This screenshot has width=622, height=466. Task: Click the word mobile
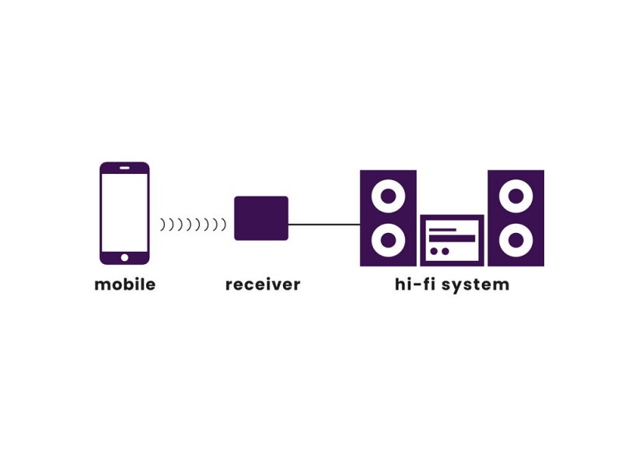coord(124,284)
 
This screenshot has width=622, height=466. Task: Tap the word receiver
coord(262,284)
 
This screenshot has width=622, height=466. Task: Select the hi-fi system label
coord(452,284)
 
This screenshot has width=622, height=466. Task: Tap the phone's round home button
coord(124,257)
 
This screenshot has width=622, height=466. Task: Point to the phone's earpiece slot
coord(124,168)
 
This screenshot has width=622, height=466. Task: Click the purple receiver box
coord(261,218)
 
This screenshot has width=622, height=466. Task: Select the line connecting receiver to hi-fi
coord(324,224)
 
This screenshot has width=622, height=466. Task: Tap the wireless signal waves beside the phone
coord(193,224)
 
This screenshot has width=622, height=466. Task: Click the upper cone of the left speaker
coord(388,196)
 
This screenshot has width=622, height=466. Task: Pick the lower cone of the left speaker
coord(388,241)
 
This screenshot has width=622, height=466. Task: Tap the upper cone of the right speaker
coord(515,196)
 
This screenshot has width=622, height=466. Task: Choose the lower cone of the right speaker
coord(515,241)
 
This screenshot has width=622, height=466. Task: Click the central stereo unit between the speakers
coord(452,241)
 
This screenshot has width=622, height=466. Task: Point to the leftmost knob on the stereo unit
coord(434,252)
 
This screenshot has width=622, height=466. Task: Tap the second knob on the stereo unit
coord(445,252)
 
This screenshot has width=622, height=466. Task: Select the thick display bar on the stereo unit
coord(452,238)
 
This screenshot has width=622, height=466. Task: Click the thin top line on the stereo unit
coord(443,230)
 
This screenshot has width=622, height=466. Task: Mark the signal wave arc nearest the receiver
coord(223,224)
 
